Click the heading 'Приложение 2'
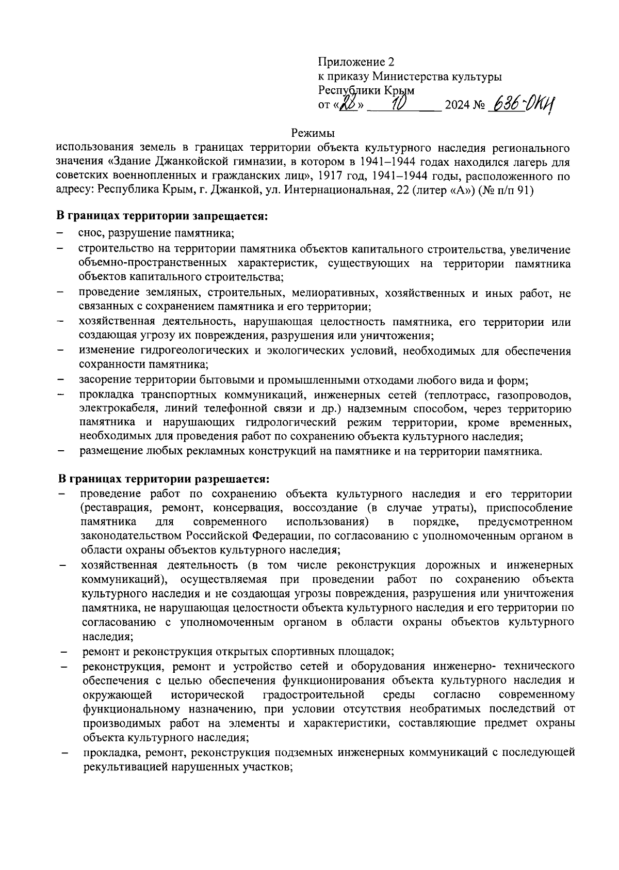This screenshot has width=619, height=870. [355, 62]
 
